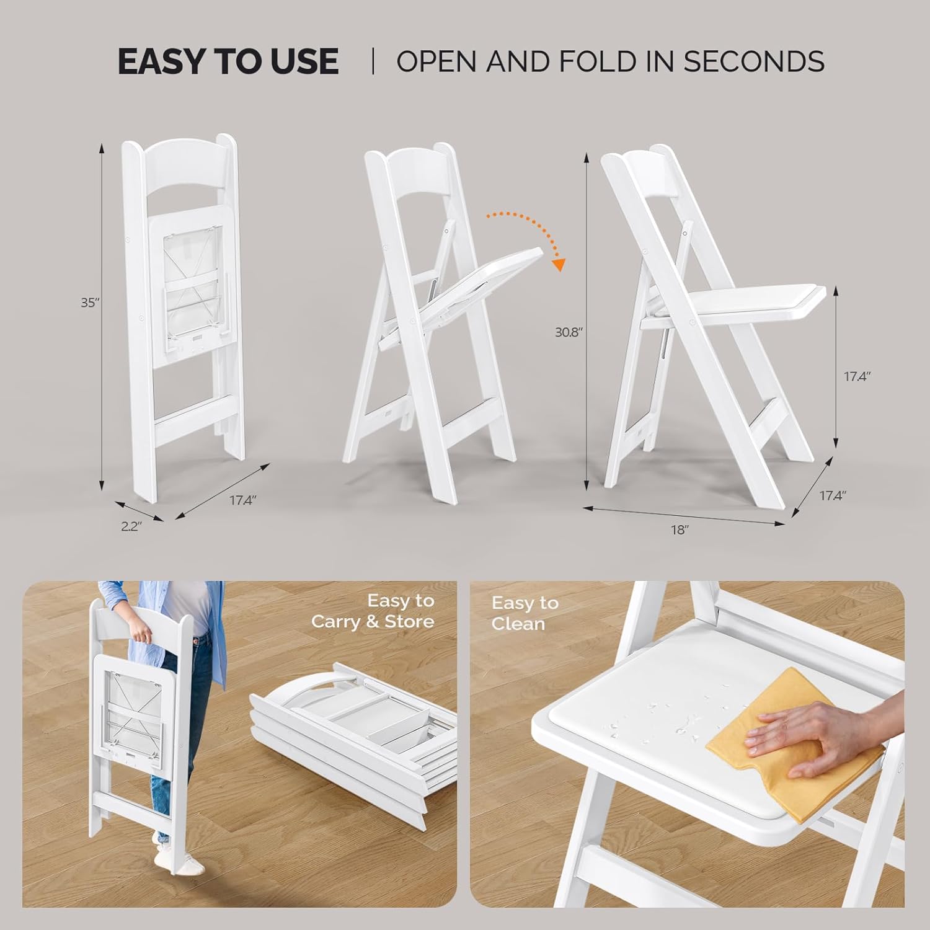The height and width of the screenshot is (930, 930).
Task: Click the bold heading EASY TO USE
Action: pos(228,61)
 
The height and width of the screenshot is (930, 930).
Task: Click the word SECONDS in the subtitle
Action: pos(754,61)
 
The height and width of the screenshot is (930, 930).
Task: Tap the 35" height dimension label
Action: pos(90,303)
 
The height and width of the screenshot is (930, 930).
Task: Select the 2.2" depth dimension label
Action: pos(131,526)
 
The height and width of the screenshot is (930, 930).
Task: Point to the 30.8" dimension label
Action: pos(569,332)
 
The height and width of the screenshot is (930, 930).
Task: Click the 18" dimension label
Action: pos(680,530)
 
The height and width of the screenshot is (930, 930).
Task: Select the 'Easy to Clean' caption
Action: pos(525,613)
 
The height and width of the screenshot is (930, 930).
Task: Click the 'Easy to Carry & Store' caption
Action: pos(373,611)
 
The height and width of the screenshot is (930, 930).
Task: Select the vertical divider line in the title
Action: pos(373,61)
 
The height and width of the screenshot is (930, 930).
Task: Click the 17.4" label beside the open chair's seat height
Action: pos(857,376)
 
